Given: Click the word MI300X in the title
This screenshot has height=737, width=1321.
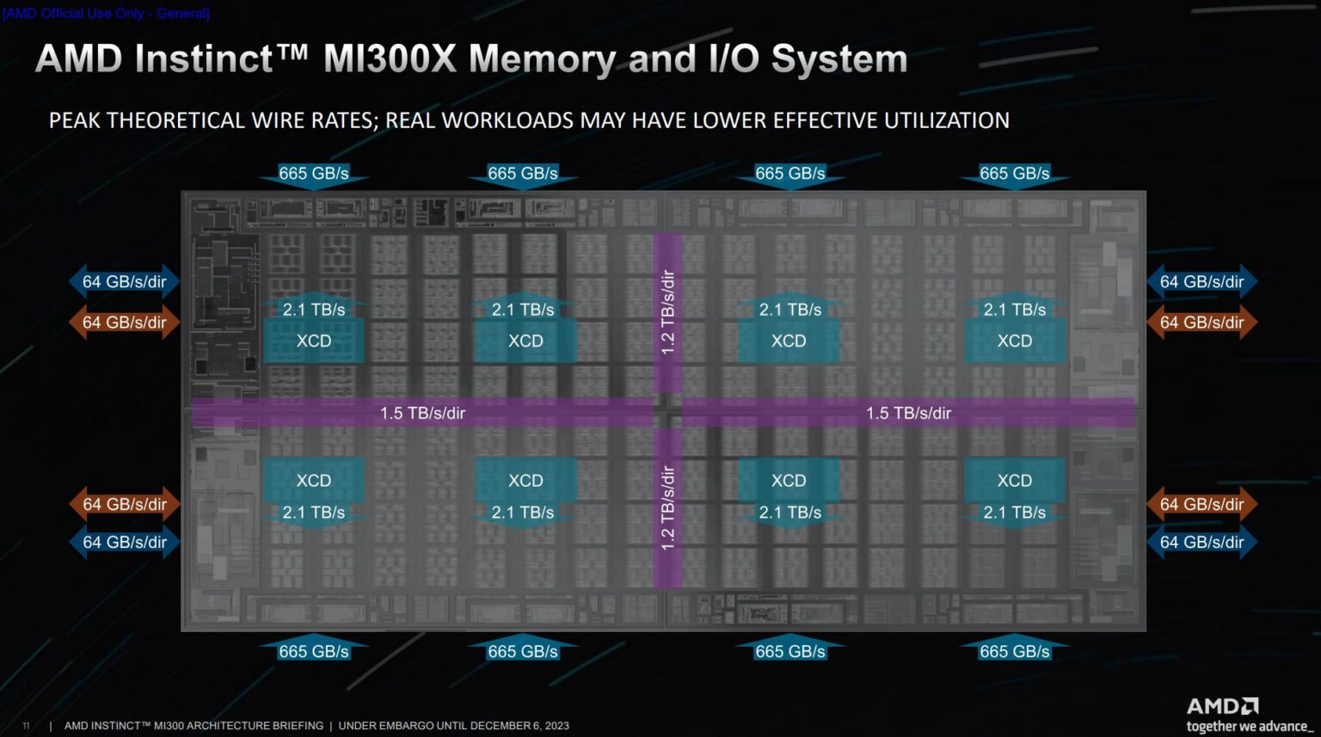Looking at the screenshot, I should (389, 59).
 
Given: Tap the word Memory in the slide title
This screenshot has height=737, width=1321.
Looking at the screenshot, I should (542, 59).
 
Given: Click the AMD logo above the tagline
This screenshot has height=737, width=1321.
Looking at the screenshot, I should (1222, 706).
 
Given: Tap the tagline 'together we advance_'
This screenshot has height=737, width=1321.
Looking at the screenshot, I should (1249, 727).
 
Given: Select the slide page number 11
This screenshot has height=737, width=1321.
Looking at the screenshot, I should (26, 726).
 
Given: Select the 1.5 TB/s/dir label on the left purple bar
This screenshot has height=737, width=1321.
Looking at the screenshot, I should (422, 413).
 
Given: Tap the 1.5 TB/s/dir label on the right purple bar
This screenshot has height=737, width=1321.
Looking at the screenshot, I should (908, 413).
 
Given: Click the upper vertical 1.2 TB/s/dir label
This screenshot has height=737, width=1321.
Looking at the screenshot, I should (667, 311).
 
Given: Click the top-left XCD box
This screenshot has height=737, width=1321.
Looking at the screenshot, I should (314, 341).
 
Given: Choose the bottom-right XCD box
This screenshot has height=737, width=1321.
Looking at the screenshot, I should (1015, 481).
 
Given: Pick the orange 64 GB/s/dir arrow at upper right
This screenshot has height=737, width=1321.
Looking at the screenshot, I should (1201, 322).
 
